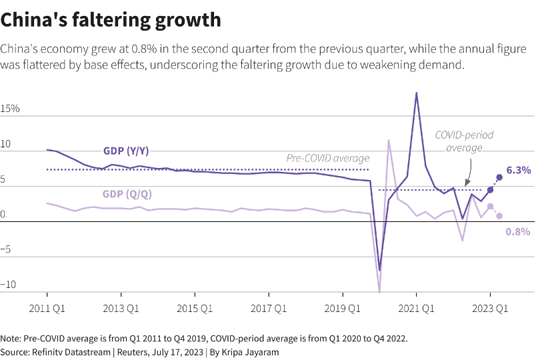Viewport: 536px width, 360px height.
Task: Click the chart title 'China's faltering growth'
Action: [x=111, y=20]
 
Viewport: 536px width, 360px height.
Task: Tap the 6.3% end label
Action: [x=518, y=171]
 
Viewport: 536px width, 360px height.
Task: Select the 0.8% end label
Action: [x=518, y=232]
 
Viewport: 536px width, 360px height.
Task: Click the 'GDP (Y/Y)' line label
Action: [x=127, y=151]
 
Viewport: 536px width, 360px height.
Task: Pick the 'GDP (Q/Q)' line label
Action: [x=127, y=194]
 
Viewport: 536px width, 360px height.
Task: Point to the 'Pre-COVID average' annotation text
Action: [x=328, y=158]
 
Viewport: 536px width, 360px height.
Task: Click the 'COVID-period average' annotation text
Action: [x=464, y=141]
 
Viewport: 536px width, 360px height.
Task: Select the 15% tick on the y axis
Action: [x=10, y=108]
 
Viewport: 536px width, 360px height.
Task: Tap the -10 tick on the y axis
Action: [x=8, y=285]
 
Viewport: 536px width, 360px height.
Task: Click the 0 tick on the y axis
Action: [x=3, y=214]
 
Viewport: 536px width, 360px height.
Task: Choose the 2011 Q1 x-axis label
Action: [x=47, y=309]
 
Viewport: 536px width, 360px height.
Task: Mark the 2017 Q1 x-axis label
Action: [x=268, y=309]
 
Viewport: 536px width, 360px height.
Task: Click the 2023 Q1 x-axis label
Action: [x=490, y=309]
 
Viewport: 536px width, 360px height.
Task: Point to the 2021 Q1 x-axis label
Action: [x=416, y=309]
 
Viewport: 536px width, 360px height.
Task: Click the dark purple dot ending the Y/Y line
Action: [x=499, y=177]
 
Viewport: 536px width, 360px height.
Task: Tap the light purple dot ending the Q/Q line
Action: [x=499, y=215]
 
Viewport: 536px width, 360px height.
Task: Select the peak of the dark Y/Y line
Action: [x=416, y=93]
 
